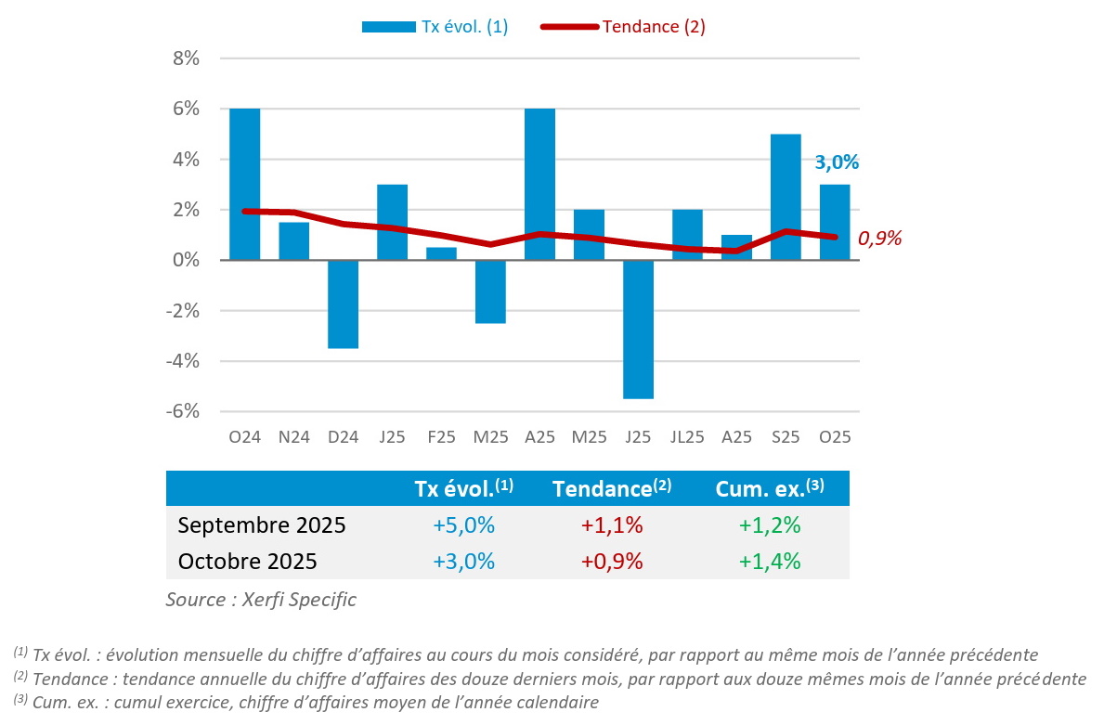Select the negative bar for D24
click(x=343, y=304)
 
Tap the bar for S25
click(x=785, y=197)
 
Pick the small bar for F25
click(x=441, y=253)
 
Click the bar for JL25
click(x=687, y=235)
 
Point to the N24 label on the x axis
click(x=293, y=436)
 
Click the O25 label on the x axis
click(x=834, y=436)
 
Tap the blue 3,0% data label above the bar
click(x=837, y=162)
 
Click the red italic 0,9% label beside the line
click(x=879, y=239)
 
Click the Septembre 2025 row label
click(x=262, y=525)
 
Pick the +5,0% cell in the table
click(x=463, y=525)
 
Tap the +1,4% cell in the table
click(x=770, y=562)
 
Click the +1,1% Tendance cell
click(x=612, y=525)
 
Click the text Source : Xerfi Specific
click(x=261, y=600)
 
